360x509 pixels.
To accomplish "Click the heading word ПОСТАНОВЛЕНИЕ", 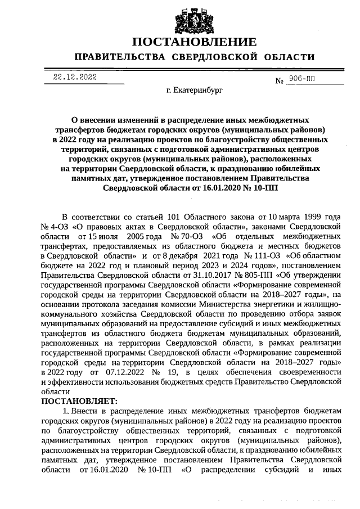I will [x=194, y=42].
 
